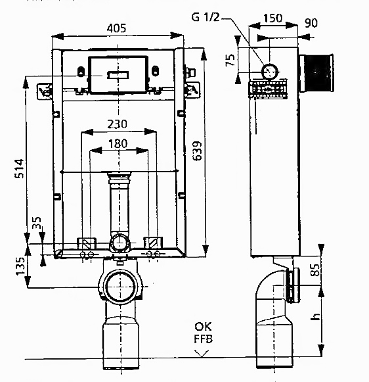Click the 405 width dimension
[x=116, y=28]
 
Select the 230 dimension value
[x=118, y=124]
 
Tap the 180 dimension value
[x=118, y=143]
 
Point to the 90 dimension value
[x=311, y=23]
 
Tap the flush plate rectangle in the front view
[x=116, y=76]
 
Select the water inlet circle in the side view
[x=269, y=71]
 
